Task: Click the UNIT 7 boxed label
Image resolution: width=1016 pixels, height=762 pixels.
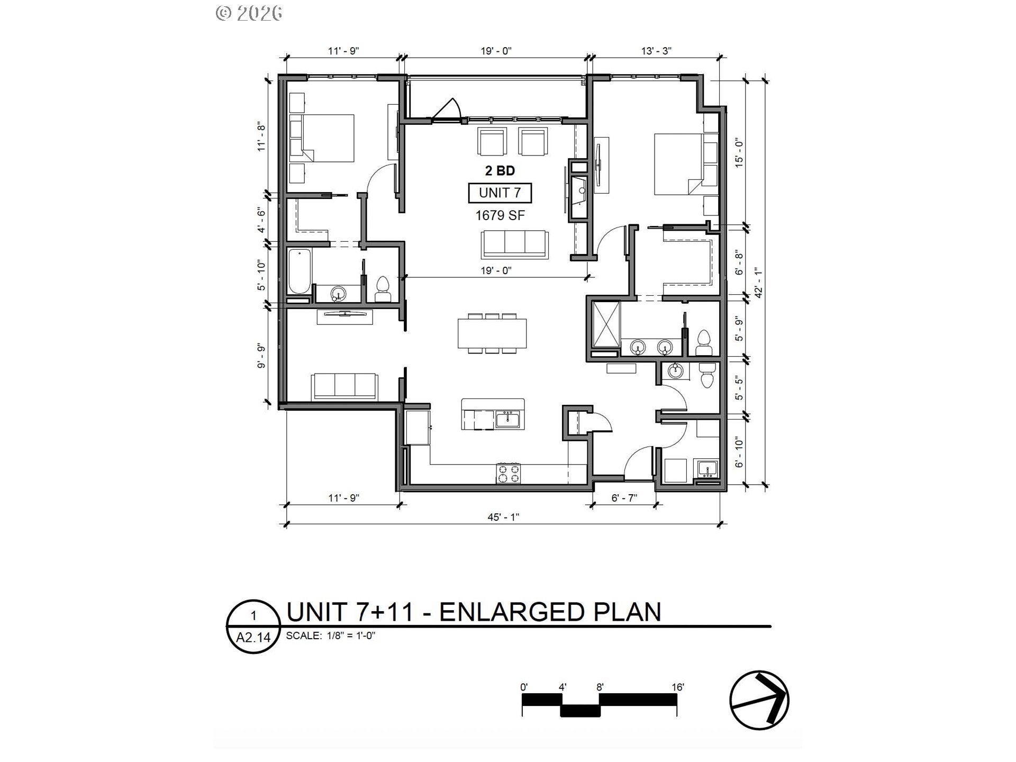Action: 500,193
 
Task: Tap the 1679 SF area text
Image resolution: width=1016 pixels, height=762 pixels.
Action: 500,215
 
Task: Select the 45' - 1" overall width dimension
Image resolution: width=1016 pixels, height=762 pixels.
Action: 503,517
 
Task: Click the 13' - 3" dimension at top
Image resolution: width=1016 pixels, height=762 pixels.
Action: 656,51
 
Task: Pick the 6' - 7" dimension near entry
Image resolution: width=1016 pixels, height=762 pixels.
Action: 624,497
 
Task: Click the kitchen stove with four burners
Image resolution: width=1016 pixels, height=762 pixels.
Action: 509,473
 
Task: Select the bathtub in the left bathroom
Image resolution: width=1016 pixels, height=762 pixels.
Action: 300,272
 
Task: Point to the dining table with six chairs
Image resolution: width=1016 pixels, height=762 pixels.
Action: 492,333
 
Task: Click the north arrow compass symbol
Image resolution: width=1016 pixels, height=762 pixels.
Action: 759,700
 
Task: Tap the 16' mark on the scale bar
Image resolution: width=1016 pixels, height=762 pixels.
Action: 677,687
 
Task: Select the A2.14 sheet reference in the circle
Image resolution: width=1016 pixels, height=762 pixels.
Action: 253,637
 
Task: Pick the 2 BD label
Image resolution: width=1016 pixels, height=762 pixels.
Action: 500,170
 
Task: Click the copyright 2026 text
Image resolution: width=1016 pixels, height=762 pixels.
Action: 249,13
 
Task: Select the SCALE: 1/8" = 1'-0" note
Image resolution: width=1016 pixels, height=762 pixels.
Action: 331,636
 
